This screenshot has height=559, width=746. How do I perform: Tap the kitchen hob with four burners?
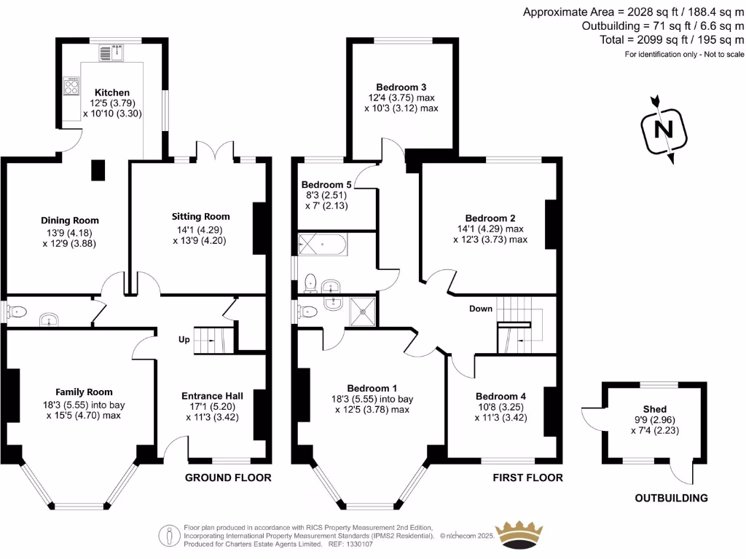[72, 87]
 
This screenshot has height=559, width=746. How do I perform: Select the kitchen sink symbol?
[112, 52]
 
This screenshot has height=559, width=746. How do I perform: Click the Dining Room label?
[69, 221]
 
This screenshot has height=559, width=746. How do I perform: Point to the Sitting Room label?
[200, 216]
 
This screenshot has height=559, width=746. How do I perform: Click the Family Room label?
[85, 392]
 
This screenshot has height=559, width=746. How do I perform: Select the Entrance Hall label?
[212, 396]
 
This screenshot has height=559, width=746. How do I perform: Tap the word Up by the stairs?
[184, 340]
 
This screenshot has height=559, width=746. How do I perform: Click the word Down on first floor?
[481, 309]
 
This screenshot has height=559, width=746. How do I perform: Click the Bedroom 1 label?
[372, 388]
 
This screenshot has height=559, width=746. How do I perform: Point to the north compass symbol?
[663, 130]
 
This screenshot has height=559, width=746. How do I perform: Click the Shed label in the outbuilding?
[654, 409]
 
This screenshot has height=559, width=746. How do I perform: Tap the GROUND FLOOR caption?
[228, 477]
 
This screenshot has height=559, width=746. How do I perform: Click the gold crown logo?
[519, 536]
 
